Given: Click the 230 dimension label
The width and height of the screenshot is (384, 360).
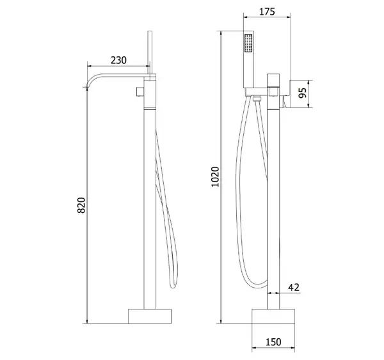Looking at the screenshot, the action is (x=118, y=60).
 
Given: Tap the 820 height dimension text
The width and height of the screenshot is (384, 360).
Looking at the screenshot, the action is (x=81, y=205).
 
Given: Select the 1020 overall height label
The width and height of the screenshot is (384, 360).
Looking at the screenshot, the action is (x=215, y=176).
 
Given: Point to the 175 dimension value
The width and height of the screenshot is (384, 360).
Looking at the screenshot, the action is (x=267, y=12).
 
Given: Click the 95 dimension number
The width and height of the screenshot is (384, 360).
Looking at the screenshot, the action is (x=303, y=93).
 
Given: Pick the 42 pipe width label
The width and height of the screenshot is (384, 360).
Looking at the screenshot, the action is (x=294, y=287).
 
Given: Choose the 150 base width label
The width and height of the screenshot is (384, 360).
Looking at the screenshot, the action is (x=273, y=342).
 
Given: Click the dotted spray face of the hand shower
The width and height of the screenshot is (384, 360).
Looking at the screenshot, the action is (x=248, y=43).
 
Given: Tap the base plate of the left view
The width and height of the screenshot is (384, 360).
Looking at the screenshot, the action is (x=150, y=316).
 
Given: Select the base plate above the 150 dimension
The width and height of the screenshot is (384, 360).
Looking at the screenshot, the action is (x=273, y=316).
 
